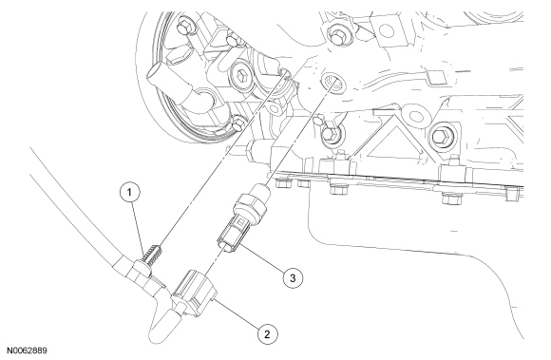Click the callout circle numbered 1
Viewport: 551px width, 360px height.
[x=129, y=192]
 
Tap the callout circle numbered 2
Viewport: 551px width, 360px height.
[x=267, y=334]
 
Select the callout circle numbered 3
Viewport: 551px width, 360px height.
[x=293, y=277]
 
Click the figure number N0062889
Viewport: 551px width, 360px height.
[x=27, y=351]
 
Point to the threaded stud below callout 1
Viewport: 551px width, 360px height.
[x=154, y=256]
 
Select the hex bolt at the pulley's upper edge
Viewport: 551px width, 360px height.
[x=183, y=26]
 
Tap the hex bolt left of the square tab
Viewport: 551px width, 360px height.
[x=336, y=35]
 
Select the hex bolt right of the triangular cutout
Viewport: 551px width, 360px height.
[x=439, y=135]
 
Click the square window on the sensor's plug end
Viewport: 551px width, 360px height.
[x=240, y=221]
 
